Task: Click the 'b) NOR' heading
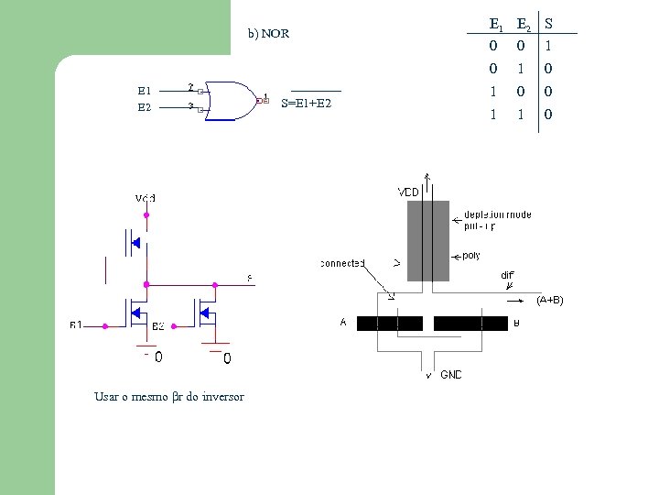268,34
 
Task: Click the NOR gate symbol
232,99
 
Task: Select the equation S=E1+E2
307,103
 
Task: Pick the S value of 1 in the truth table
548,45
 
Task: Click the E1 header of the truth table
495,24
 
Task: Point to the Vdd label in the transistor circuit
145,198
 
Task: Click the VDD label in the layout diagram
408,192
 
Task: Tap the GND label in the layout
451,375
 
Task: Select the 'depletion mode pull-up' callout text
497,220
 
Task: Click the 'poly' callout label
471,256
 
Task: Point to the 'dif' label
507,275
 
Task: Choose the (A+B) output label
550,300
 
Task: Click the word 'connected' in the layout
342,263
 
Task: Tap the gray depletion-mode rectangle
428,240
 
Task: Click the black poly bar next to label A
389,323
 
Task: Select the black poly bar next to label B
470,323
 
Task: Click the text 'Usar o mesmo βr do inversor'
169,397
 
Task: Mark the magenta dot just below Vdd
145,215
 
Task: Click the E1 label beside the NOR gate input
144,91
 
